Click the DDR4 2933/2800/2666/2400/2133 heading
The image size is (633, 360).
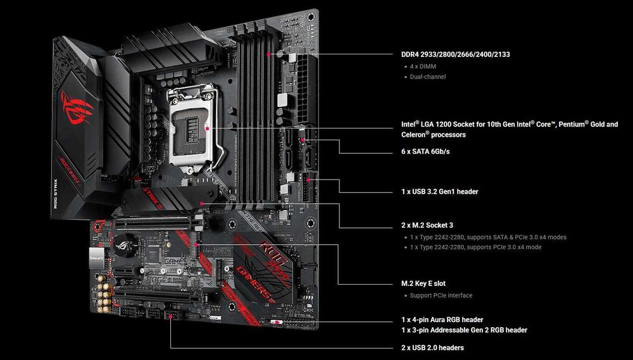(x=456, y=54)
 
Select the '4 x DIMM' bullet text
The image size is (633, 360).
(x=423, y=66)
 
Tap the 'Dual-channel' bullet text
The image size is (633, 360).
(x=428, y=77)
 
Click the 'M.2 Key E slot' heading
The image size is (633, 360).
(x=427, y=283)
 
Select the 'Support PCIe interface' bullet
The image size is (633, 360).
(x=441, y=295)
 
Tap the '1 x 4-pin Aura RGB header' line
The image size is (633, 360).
(x=446, y=320)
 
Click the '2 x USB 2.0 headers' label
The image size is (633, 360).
(x=432, y=347)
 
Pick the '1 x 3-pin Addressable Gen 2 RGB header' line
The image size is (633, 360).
(x=464, y=330)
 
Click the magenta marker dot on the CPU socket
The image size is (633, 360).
(x=207, y=127)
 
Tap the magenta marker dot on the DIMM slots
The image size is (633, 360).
(x=269, y=54)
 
